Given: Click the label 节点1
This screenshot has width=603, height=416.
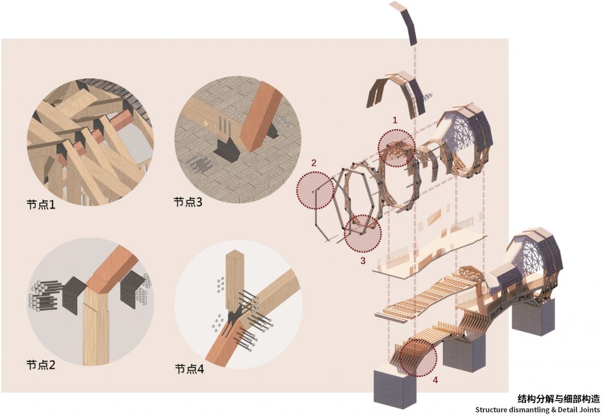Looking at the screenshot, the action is click(41, 204).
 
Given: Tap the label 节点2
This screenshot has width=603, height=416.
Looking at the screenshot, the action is click(41, 364).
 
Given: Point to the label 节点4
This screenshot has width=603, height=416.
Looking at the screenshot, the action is click(189, 369).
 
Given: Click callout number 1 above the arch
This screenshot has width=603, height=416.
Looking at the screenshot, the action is click(395, 120).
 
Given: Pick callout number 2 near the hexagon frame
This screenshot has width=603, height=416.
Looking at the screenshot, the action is click(314, 163).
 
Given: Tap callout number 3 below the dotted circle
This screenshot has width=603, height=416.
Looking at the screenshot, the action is click(363, 260).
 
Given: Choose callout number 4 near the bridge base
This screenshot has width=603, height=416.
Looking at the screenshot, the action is click(435, 380).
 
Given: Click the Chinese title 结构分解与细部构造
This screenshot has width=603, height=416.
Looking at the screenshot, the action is click(559, 398).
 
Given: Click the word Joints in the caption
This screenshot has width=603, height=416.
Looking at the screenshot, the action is click(589, 410).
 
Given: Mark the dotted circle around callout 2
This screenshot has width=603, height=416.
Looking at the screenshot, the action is click(297, 191).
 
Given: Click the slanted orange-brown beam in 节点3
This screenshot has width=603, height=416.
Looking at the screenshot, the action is click(259, 115).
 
